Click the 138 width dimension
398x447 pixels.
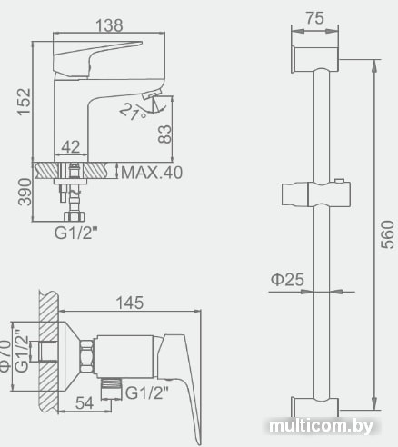[109, 25]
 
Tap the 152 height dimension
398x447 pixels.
[25, 102]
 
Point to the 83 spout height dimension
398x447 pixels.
[164, 134]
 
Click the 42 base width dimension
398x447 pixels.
[71, 147]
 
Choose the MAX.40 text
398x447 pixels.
[152, 173]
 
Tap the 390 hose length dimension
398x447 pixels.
[25, 192]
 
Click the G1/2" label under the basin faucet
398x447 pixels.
[76, 233]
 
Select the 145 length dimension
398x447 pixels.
[130, 303]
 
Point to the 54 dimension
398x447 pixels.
[85, 402]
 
